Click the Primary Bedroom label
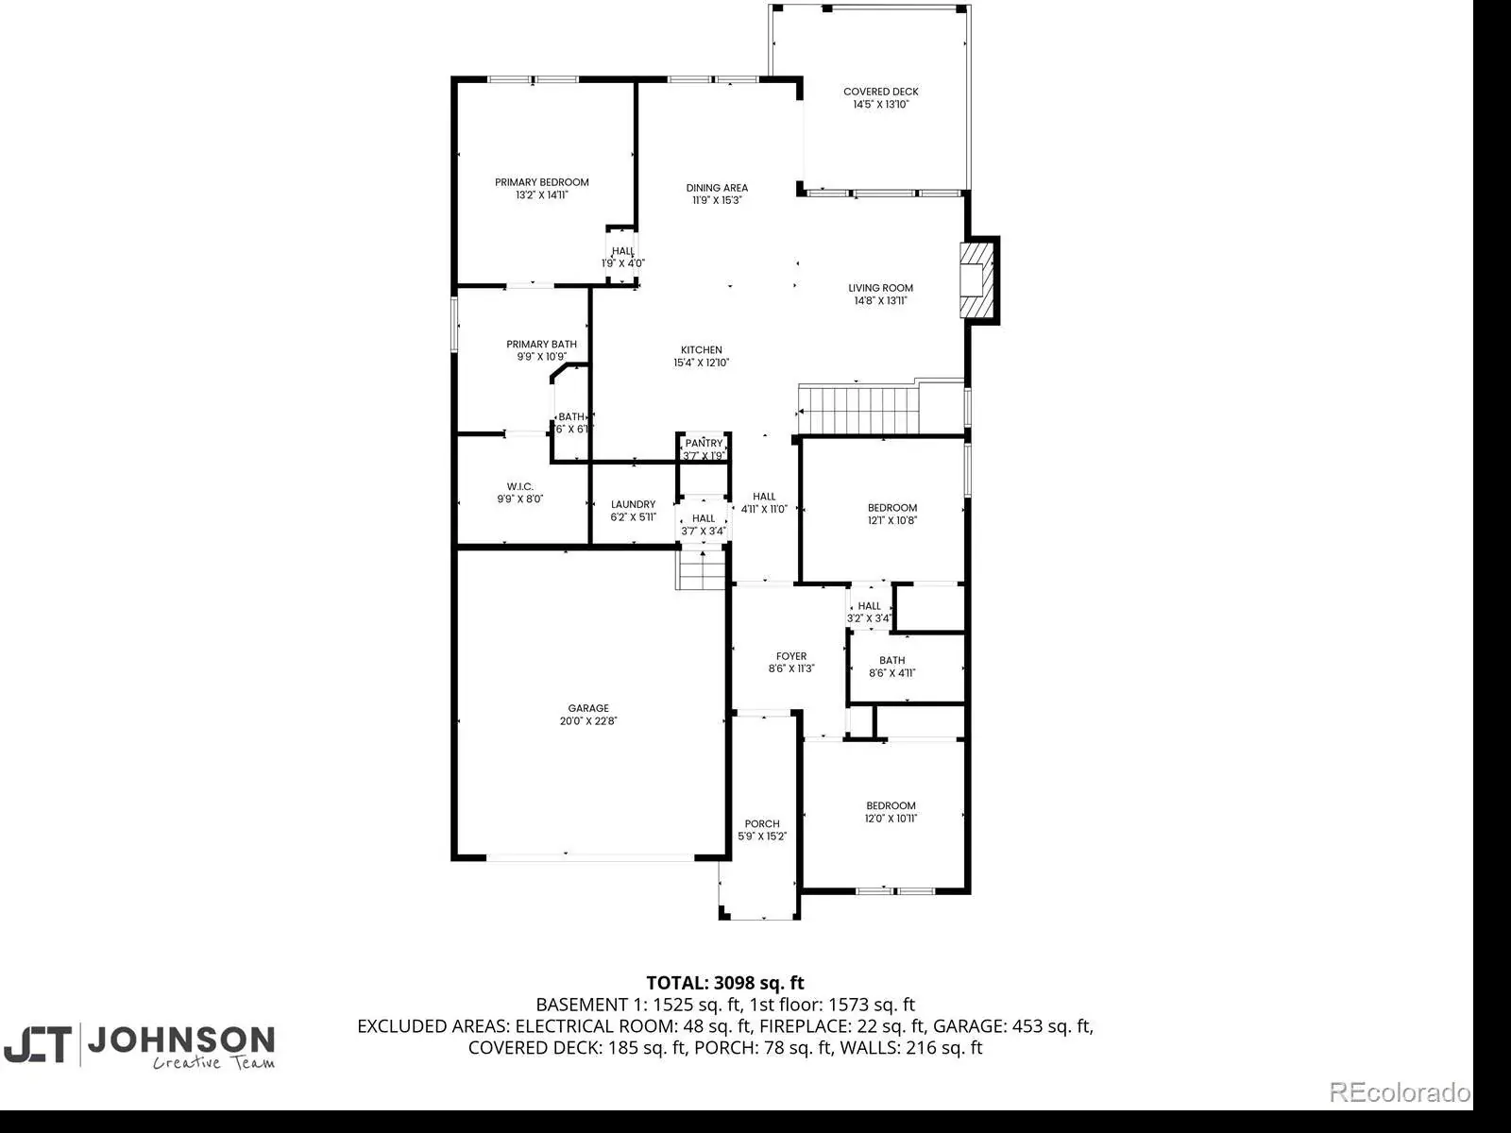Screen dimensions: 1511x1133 pos(542,182)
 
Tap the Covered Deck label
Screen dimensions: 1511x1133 pos(880,92)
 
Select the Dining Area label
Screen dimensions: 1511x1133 pos(717,188)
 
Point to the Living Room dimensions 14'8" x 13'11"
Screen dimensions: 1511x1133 pos(880,300)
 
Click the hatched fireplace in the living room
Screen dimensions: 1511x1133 pos(978,280)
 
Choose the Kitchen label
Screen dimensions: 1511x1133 pos(702,350)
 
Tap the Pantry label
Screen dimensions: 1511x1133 pos(704,443)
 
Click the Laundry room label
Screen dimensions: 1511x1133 pos(633,504)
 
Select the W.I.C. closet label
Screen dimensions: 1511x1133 pos(519,486)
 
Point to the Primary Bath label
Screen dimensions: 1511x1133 pos(542,344)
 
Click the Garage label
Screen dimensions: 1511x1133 pos(588,708)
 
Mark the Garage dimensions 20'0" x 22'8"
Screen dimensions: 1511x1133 pos(588,721)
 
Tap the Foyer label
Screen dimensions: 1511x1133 pos(791,656)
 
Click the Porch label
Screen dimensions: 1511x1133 pos(762,823)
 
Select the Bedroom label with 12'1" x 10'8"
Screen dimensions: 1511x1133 pos(892,508)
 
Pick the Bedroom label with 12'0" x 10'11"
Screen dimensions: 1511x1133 pos(891,805)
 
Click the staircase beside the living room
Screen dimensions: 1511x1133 pos(859,411)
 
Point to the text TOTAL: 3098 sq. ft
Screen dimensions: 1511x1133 pos(725,983)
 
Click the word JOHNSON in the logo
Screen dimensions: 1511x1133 pos(181,1040)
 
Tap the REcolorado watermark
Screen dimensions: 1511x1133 pos(1401,1091)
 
